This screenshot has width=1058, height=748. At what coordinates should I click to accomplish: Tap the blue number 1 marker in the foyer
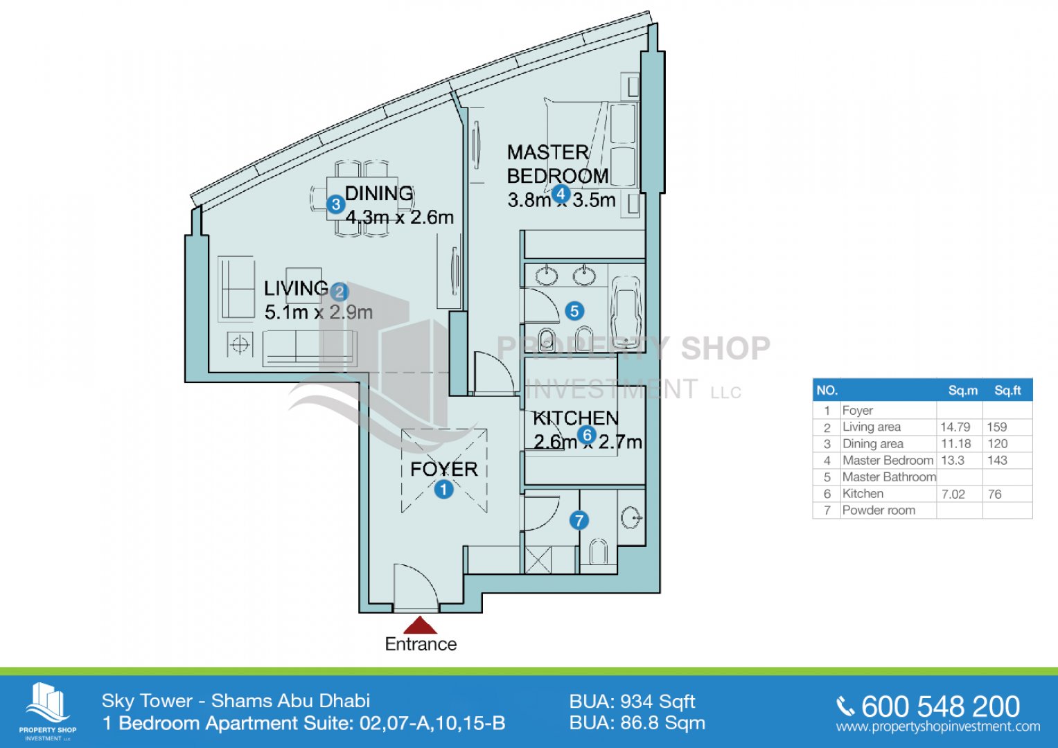[x=443, y=489]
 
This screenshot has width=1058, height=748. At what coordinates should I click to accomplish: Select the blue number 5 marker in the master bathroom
[x=574, y=311]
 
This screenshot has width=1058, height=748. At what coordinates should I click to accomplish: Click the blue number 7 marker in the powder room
[x=579, y=521]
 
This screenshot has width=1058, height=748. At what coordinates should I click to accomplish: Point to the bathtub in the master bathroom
[x=626, y=312]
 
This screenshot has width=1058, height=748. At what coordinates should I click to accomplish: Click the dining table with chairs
[x=362, y=198]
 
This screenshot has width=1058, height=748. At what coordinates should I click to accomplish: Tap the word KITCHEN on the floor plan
[x=575, y=418]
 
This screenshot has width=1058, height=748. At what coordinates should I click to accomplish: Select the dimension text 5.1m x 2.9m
[x=318, y=312]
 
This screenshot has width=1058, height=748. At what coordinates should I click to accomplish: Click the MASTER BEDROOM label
[x=557, y=164]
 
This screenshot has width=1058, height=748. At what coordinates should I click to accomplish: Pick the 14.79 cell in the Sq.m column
[x=955, y=427]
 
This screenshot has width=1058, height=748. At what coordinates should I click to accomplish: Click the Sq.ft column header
[x=1007, y=391]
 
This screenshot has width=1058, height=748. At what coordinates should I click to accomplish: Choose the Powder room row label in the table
[x=879, y=510]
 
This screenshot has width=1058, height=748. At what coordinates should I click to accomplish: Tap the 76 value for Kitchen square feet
[x=994, y=494]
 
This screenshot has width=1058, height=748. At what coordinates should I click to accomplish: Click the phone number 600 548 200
[x=940, y=706]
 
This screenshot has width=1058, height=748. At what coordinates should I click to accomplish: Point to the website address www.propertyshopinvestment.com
[x=938, y=727]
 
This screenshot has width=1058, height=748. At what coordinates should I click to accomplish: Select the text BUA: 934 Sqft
[x=632, y=702]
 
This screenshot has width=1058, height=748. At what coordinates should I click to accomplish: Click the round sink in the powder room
[x=631, y=517]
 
